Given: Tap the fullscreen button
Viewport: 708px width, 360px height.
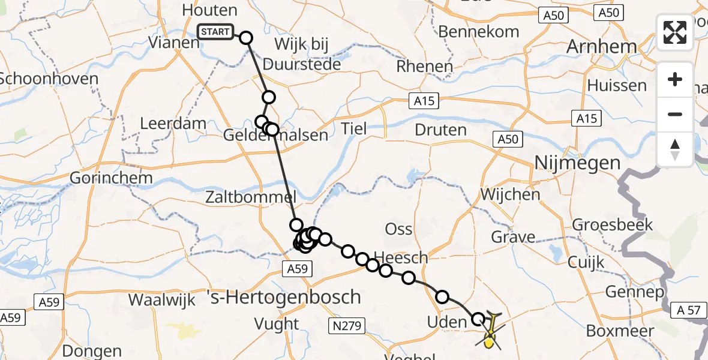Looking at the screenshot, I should (675, 32).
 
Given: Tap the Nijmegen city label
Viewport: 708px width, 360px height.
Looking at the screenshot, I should (577, 163).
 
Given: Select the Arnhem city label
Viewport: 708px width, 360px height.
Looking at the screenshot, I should (609, 47).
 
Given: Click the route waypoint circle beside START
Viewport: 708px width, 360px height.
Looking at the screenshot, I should (246, 38).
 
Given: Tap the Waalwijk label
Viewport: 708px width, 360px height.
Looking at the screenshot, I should (162, 299).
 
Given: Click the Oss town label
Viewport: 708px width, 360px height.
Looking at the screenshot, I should (398, 229).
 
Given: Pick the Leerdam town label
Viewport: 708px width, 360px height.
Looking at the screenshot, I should (173, 124).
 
